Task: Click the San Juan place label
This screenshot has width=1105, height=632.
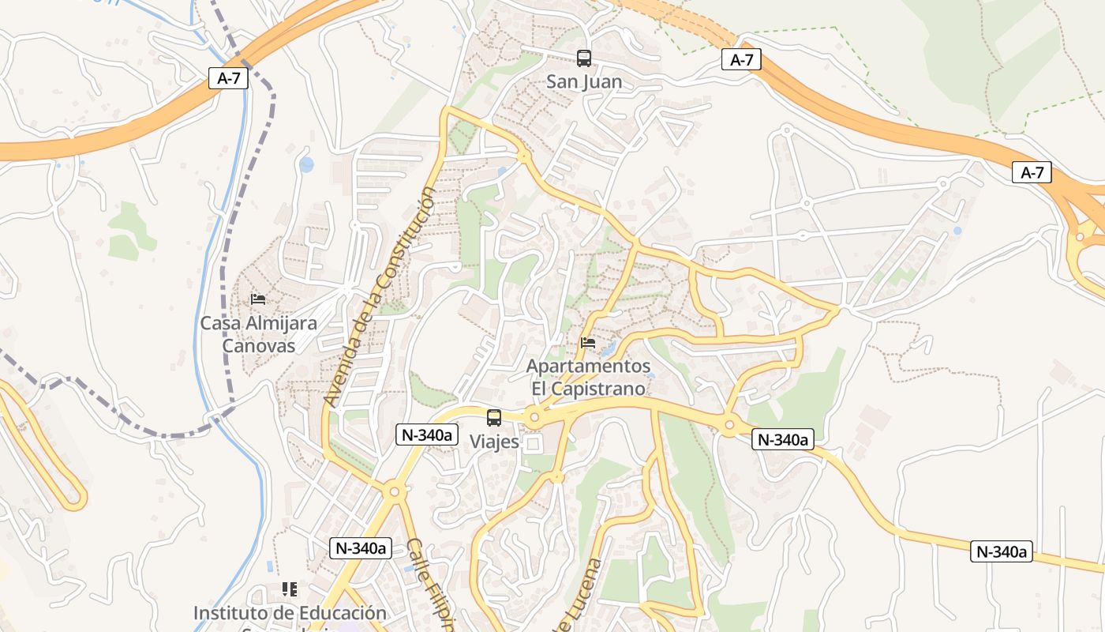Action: pyautogui.click(x=584, y=81)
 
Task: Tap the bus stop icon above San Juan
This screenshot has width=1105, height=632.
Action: pyautogui.click(x=584, y=58)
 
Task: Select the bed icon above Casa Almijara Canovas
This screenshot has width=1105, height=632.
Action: pyautogui.click(x=257, y=299)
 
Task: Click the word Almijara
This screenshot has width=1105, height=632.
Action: pyautogui.click(x=280, y=323)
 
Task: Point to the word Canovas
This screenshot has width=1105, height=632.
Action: pyautogui.click(x=258, y=346)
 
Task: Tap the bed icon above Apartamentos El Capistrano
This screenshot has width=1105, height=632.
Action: pyautogui.click(x=588, y=343)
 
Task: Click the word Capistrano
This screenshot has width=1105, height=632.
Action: pyautogui.click(x=600, y=389)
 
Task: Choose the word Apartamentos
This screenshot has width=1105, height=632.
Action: pyautogui.click(x=588, y=367)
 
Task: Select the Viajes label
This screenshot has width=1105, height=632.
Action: pyautogui.click(x=495, y=442)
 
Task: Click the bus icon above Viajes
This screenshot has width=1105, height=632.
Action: pyautogui.click(x=494, y=418)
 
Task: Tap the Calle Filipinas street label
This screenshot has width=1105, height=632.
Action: pyautogui.click(x=431, y=585)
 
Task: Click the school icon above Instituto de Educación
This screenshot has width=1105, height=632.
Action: pyautogui.click(x=290, y=589)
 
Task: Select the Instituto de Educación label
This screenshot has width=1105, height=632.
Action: pyautogui.click(x=290, y=613)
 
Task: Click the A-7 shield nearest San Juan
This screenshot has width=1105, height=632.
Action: pyautogui.click(x=741, y=59)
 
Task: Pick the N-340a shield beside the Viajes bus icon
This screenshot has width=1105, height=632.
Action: pyautogui.click(x=427, y=434)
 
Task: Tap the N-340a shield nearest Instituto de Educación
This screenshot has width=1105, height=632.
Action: pyautogui.click(x=361, y=548)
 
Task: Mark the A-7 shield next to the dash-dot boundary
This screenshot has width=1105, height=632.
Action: pyautogui.click(x=229, y=77)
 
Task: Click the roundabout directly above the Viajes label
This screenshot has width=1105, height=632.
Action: pyautogui.click(x=534, y=416)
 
